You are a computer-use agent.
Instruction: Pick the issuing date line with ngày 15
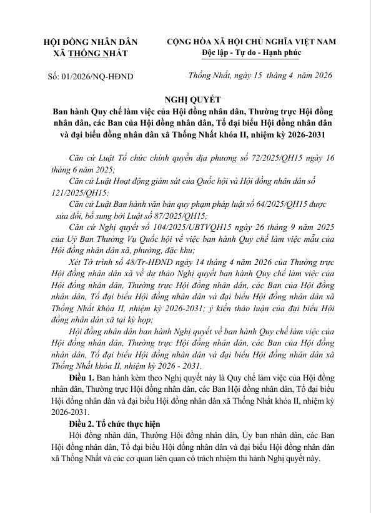(260, 76)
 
